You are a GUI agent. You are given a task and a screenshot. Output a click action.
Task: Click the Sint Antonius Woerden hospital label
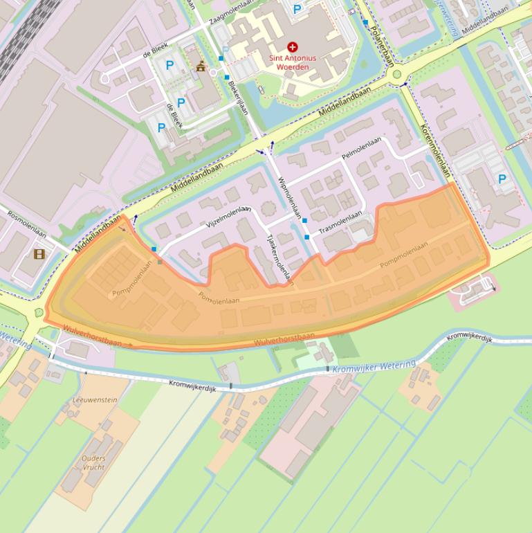293,62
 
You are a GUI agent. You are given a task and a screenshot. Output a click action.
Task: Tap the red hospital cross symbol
293,47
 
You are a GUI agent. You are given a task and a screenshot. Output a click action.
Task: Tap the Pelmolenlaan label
361,149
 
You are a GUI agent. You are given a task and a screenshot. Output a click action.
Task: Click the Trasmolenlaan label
340,222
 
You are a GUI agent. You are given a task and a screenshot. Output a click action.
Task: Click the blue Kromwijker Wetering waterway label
374,366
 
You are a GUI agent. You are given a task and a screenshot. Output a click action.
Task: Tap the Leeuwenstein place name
95,400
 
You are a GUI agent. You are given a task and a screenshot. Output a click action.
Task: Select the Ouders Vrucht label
93,462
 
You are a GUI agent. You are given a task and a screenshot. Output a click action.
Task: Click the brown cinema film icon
39,254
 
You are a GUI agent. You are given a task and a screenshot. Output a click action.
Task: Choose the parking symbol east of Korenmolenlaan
502,179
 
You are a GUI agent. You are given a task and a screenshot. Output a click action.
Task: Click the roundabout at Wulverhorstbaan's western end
36,314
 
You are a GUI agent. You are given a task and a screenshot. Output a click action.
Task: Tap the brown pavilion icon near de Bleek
201,66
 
